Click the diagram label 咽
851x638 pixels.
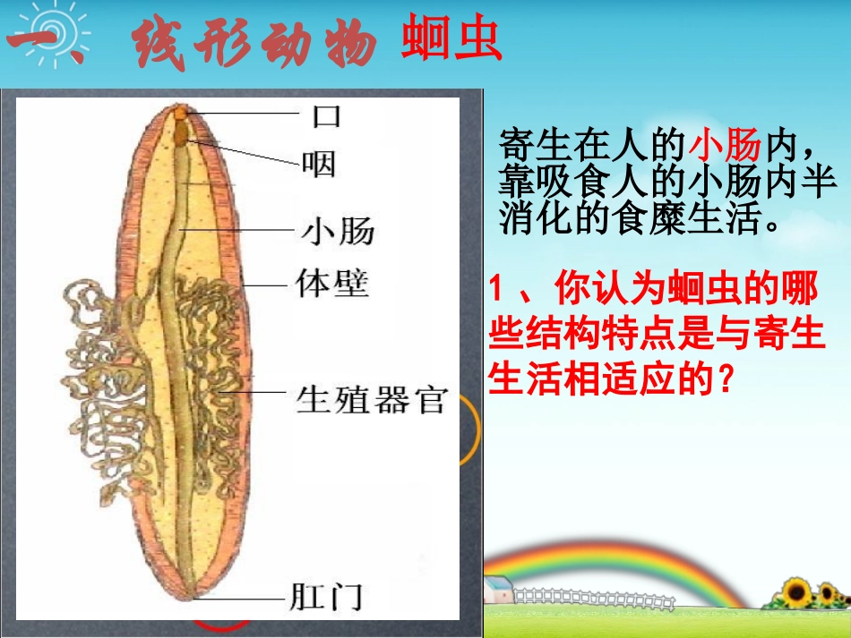(x=319, y=163)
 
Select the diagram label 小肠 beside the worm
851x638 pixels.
(x=337, y=231)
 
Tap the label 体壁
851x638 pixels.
(x=331, y=285)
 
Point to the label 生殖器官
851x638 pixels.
(x=371, y=400)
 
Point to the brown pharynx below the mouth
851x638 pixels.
(x=182, y=133)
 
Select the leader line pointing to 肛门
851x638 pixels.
(x=242, y=597)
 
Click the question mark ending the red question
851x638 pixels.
(x=727, y=381)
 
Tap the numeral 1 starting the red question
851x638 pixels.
(x=497, y=291)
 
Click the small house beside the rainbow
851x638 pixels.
(x=497, y=590)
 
